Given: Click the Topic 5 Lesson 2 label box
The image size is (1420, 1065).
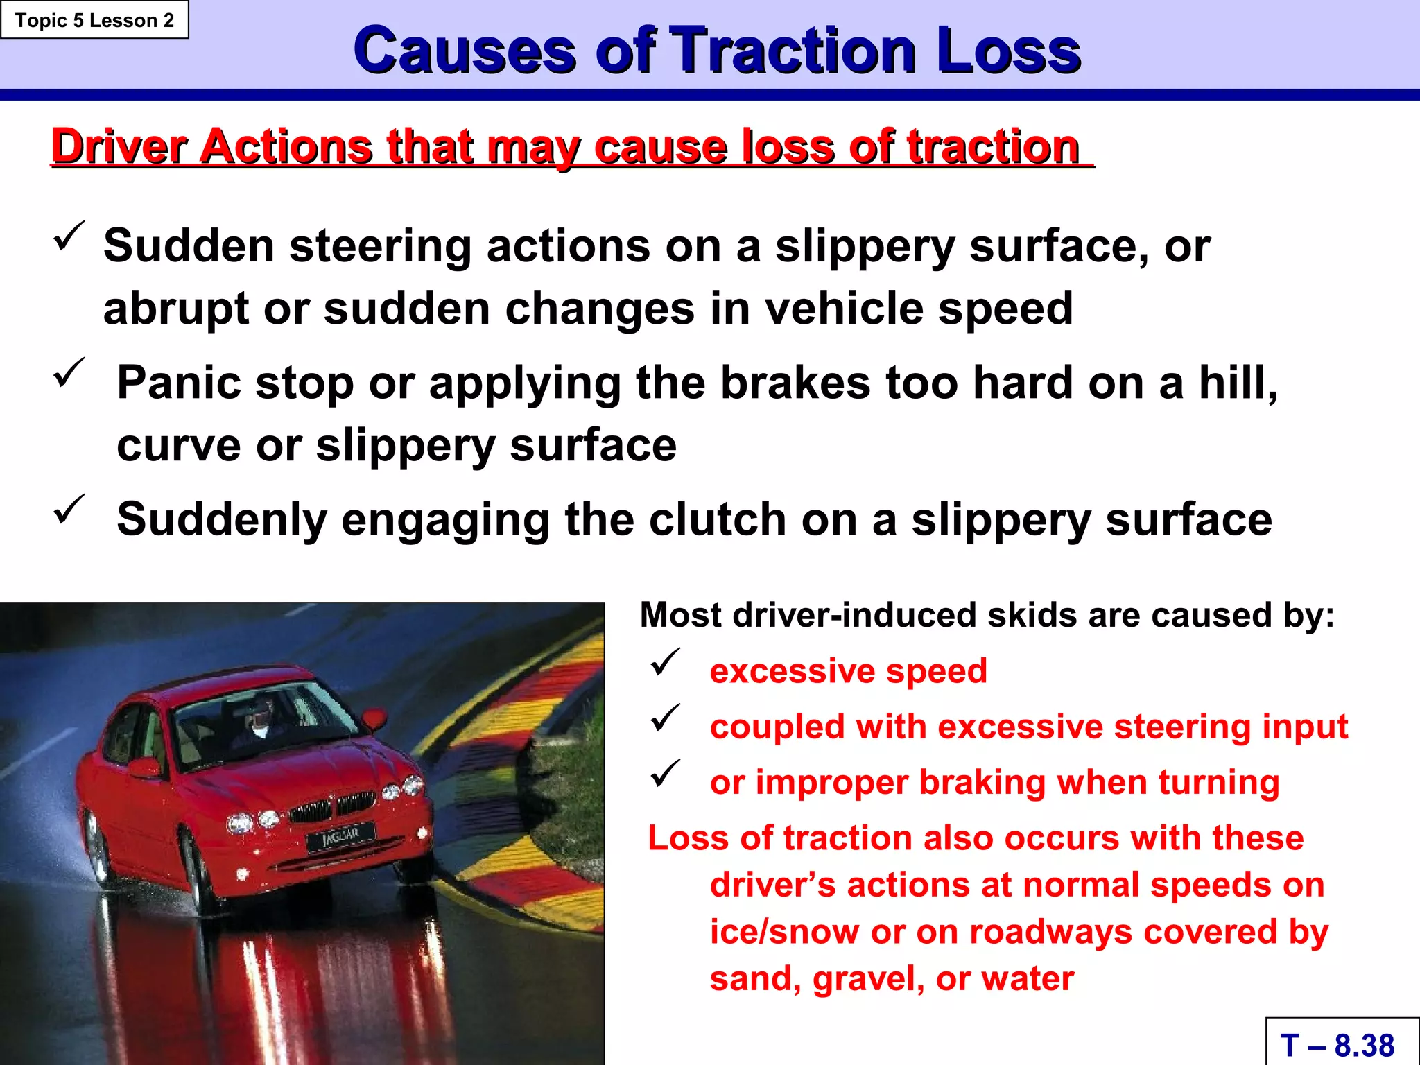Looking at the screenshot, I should coord(94,20).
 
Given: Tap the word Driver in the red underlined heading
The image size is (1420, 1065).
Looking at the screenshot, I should coord(119,146).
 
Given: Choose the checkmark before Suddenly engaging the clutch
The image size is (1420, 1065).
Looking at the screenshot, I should coord(69,510).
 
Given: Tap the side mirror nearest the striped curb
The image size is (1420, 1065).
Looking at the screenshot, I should coord(376,719).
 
